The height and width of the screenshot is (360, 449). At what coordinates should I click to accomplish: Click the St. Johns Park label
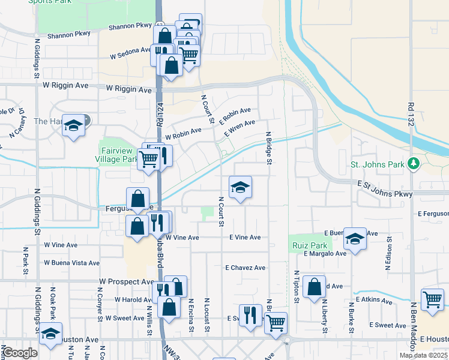pos(376,164)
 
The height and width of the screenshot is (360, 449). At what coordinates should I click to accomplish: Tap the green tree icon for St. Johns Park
pos(413,163)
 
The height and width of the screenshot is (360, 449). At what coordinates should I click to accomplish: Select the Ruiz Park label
pos(310,245)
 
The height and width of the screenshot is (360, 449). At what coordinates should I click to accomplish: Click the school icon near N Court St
pos(240,188)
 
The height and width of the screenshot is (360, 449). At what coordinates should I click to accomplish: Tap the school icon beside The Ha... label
pos(74,125)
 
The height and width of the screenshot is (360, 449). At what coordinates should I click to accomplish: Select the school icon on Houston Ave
pos(50,334)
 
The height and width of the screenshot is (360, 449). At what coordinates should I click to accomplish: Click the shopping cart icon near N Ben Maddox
pos(432,299)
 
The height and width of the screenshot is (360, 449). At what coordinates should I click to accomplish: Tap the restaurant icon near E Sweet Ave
pos(250,314)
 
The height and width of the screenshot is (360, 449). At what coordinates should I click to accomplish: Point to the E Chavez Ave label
pos(245,268)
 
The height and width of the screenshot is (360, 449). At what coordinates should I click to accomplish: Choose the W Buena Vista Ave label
pos(71,263)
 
